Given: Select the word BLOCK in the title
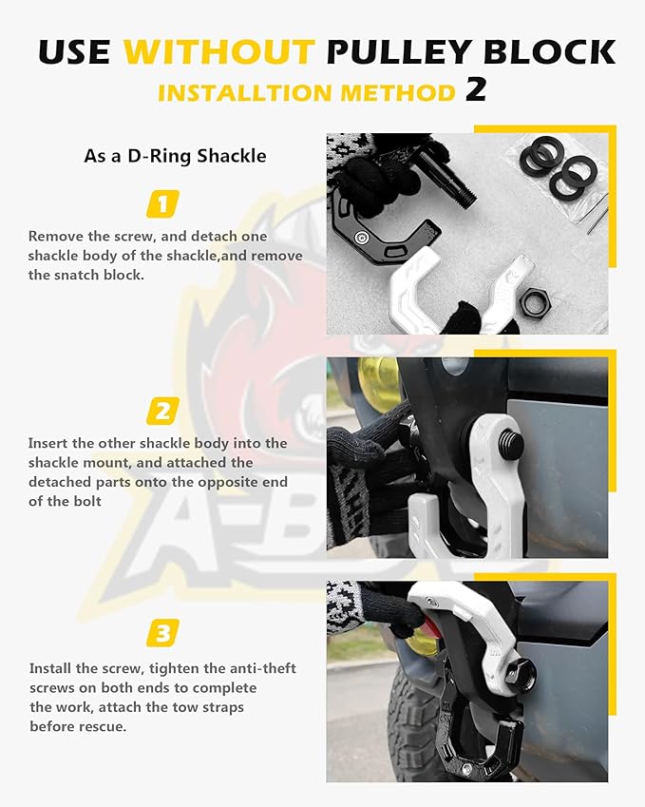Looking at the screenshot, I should [552, 50].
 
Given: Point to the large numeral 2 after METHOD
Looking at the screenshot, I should [476, 89].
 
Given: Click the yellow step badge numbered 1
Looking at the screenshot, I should [162, 203].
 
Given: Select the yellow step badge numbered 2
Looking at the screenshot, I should [162, 411].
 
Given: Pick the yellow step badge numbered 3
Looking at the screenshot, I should [162, 632].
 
